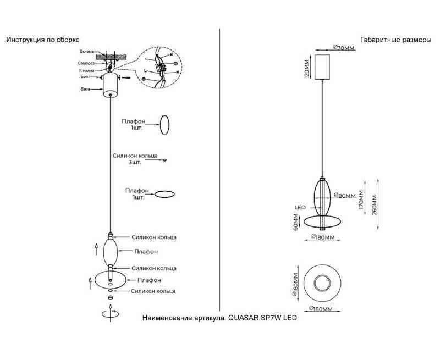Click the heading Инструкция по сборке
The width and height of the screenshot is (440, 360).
point(43,40)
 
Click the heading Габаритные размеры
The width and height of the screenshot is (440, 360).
point(392,40)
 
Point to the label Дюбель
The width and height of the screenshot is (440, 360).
point(87,51)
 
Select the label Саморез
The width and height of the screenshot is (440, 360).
point(86,64)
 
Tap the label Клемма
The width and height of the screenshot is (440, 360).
point(86,71)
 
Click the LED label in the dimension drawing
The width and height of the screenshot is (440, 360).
point(300,207)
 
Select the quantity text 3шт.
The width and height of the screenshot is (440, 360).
point(135,163)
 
